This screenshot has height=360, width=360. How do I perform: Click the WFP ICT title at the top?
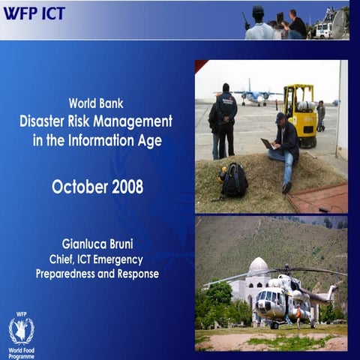33,13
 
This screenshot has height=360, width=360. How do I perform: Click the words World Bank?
96,103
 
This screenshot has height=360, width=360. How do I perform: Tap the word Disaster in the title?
47,121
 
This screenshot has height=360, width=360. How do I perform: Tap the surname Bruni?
125,244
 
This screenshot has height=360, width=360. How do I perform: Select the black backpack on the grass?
234,181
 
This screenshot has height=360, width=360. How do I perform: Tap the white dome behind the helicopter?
258,266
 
